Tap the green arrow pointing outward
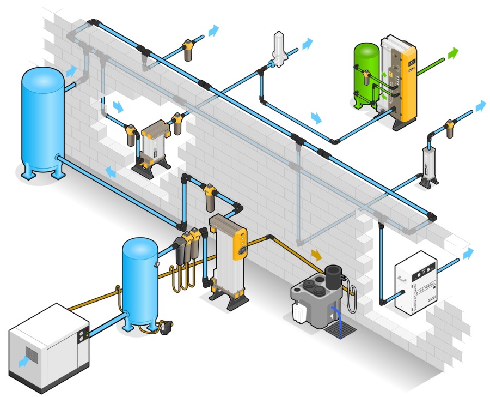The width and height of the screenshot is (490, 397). click(452, 54)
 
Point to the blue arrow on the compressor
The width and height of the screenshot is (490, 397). click(24, 360)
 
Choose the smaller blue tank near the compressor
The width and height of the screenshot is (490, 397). click(139, 281)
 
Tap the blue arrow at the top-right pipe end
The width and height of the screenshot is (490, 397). click(480, 105)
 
